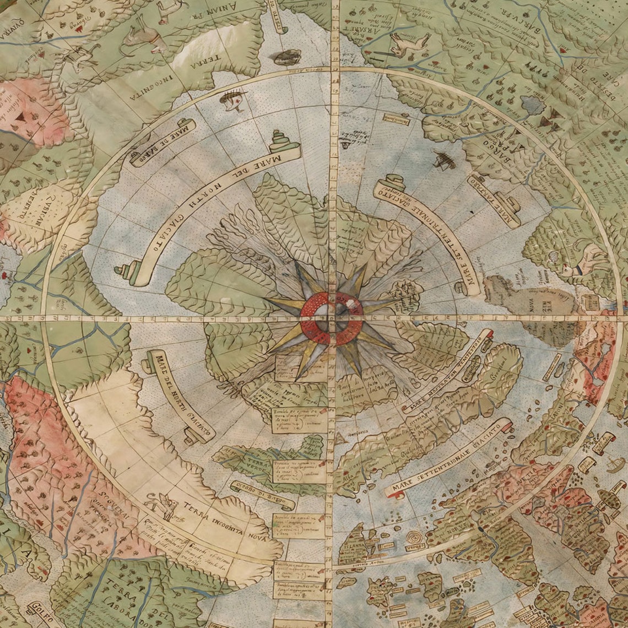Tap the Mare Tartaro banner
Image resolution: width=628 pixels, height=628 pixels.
pos(494,201)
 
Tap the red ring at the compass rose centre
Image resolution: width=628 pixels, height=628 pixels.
pos(331,319)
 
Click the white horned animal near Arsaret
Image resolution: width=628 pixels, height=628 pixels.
pos(410,42)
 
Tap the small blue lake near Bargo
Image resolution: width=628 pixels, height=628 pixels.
pos(532,104)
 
